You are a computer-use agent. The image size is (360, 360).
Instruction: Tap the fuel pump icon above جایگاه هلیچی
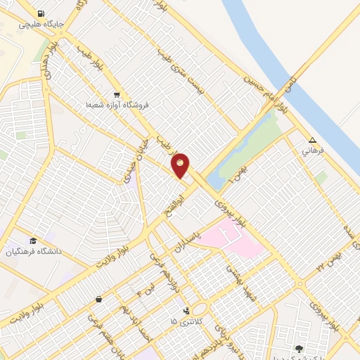coord(41,13)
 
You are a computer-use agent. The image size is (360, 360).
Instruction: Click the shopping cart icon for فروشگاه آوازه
coord(117,95)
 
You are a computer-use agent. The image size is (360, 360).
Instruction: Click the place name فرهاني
coord(311,150)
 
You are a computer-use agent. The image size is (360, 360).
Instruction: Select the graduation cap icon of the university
coord(33,241)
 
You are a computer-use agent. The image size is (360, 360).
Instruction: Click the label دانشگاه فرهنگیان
coord(34,252)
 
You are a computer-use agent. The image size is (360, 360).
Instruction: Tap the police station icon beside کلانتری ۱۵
coord(186,310)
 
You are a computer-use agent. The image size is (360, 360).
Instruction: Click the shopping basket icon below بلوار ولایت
coord(98,300)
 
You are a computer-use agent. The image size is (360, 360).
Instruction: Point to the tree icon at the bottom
coord(300,349)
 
